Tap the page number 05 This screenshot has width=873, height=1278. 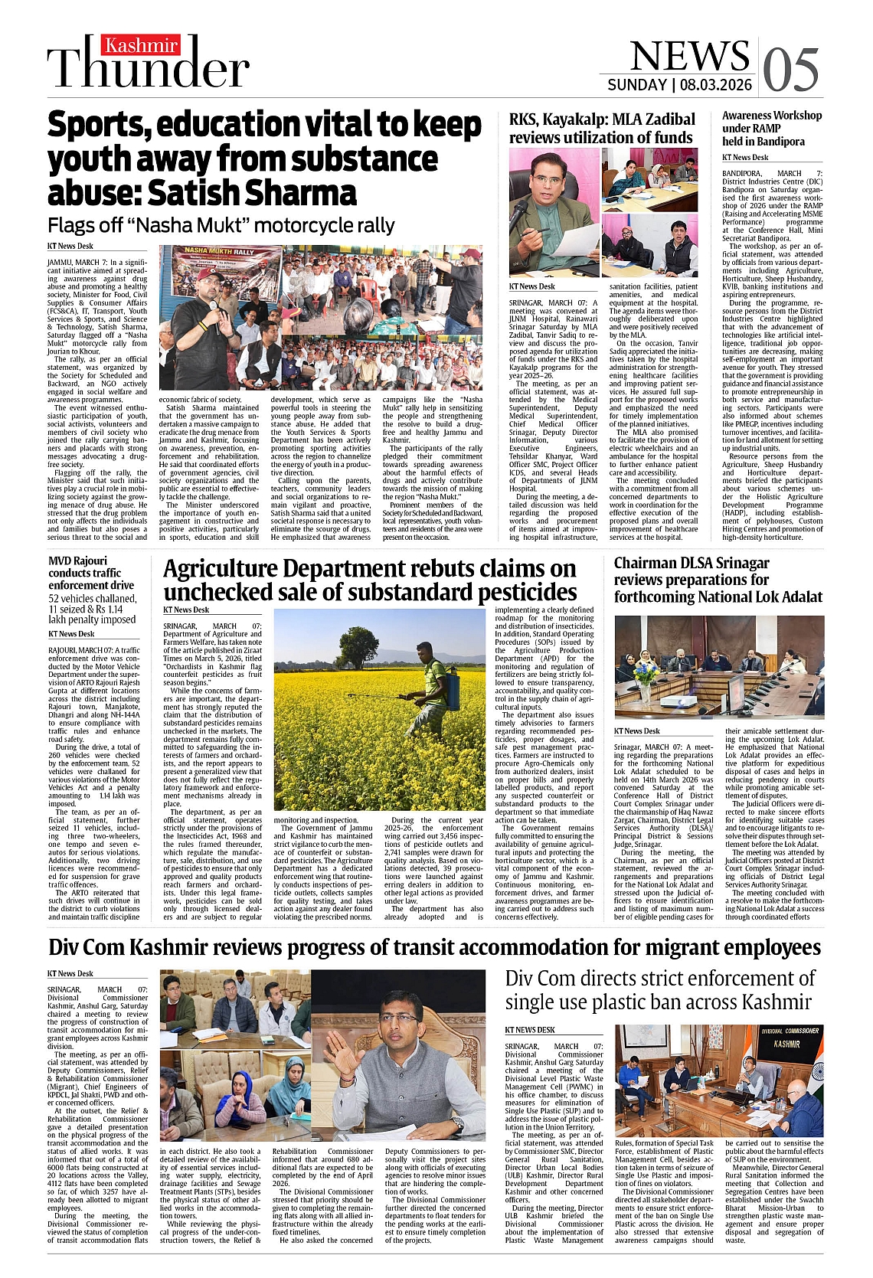791,70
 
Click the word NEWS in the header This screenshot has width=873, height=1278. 689,56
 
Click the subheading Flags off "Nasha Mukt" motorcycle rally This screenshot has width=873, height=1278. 221,226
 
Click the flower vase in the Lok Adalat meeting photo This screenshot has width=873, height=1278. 646,678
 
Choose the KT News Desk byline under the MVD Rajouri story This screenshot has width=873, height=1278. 71,634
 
